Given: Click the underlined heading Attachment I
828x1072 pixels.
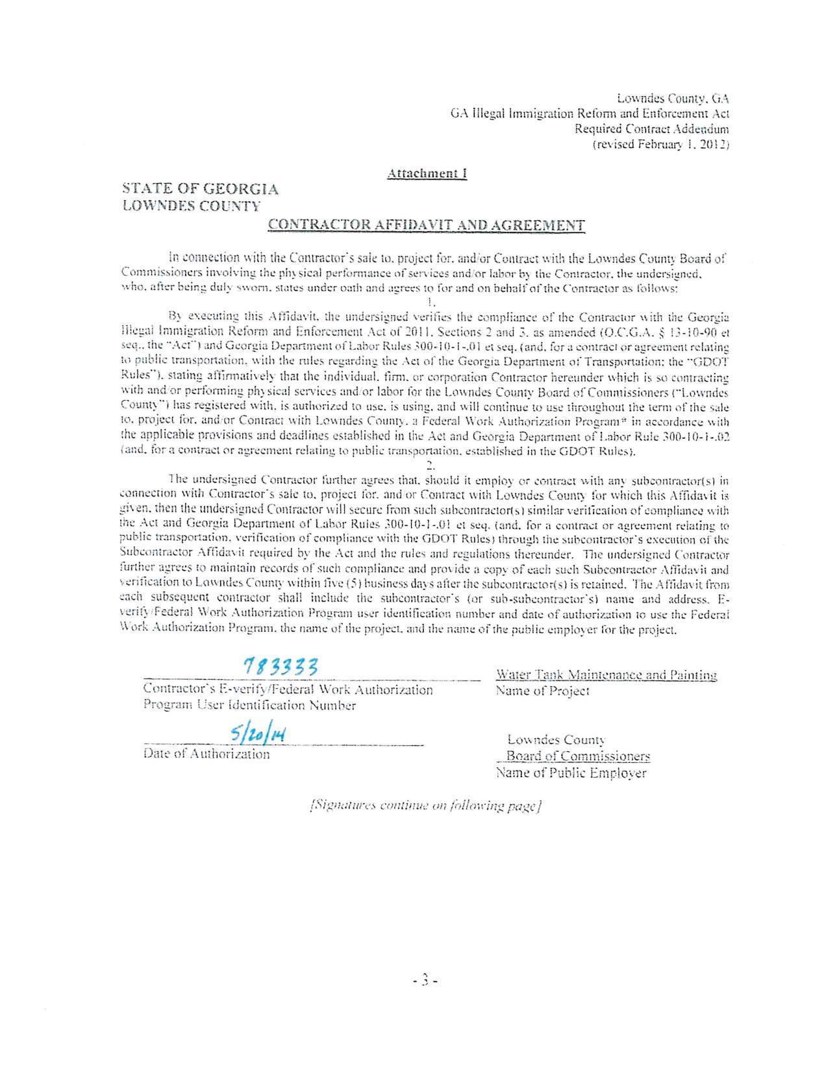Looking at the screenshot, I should (427, 173).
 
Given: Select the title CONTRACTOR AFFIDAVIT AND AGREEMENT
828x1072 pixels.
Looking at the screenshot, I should (427, 225).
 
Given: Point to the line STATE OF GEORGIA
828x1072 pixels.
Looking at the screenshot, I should (200, 189).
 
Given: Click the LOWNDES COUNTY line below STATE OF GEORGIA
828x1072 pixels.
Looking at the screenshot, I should (192, 206).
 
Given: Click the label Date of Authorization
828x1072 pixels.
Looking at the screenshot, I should (207, 754).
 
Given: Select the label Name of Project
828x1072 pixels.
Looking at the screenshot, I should (542, 692).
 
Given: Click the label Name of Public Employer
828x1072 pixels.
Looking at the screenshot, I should (571, 773).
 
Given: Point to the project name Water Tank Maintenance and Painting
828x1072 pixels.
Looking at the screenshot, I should (606, 675).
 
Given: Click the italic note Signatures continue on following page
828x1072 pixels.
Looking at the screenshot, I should (426, 806).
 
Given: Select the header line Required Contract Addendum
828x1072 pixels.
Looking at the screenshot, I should (651, 129).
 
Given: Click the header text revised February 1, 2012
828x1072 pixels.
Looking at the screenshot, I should (660, 145).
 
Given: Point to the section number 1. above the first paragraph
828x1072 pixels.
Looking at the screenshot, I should (430, 302).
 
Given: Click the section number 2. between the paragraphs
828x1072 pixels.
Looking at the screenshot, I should (429, 465).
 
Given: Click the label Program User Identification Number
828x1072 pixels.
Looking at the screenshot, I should (249, 705).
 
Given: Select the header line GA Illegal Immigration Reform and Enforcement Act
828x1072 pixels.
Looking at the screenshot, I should (590, 114).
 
